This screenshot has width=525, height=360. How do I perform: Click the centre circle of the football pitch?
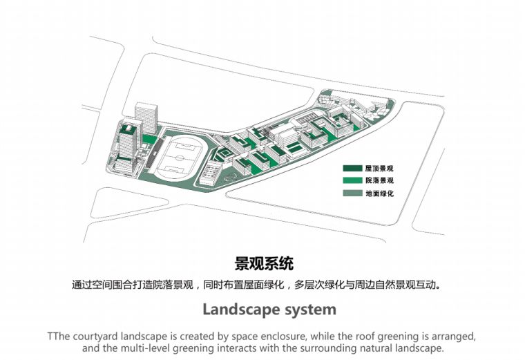(180, 158)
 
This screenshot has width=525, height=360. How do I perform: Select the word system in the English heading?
(307, 308)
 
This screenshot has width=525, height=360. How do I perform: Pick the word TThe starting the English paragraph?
(60, 337)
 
